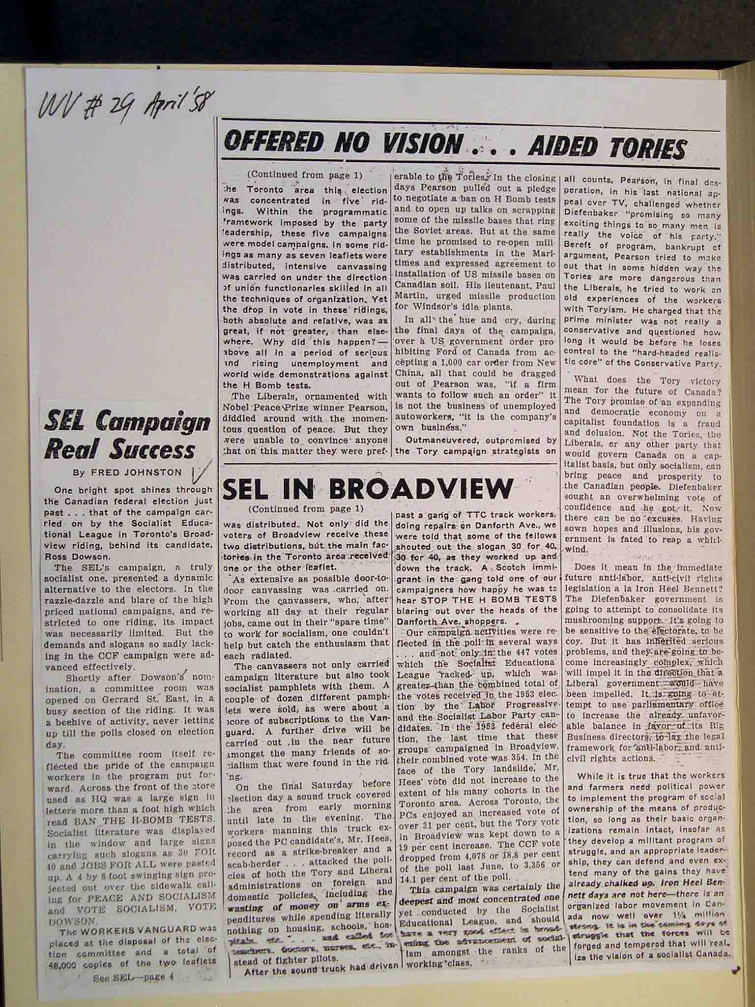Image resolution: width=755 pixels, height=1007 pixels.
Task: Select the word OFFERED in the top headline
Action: click(273, 143)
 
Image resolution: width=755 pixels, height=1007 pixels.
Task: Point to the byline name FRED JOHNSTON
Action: click(135, 473)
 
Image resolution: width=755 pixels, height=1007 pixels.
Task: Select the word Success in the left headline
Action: click(152, 449)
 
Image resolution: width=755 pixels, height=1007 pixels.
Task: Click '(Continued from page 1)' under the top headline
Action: click(305, 174)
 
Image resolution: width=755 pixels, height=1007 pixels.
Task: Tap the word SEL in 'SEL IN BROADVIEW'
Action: click(250, 489)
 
